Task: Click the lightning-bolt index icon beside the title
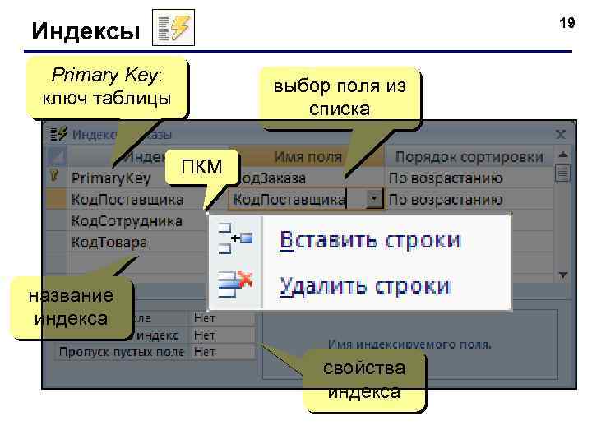(174, 29)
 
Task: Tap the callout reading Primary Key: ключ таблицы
(107, 87)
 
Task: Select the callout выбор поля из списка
(340, 97)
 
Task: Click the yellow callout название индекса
(71, 308)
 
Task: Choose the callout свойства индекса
(364, 381)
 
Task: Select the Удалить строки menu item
(364, 285)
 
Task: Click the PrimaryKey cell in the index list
(111, 178)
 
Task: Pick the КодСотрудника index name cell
(127, 220)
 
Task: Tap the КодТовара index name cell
(109, 242)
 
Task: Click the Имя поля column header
(308, 156)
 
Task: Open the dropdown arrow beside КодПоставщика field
(374, 199)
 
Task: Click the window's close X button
(561, 133)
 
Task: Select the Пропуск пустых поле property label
(122, 351)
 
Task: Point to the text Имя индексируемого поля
(409, 344)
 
